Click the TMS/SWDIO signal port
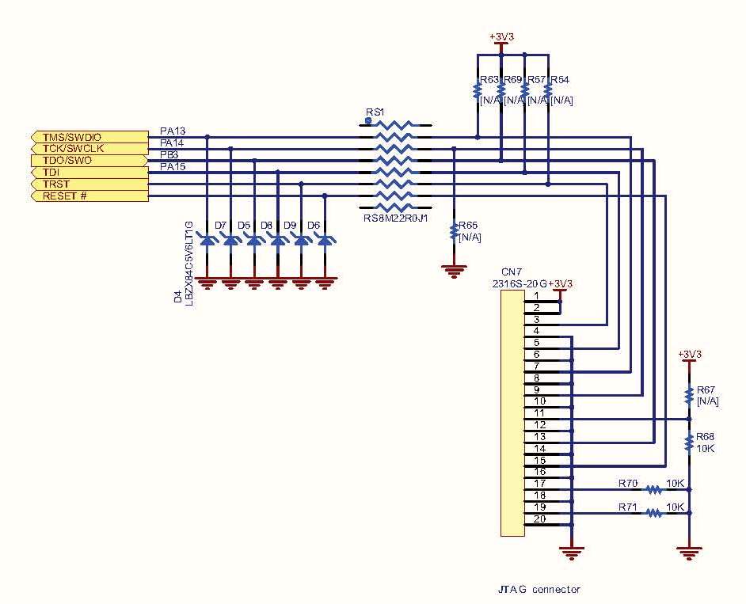tap(89, 137)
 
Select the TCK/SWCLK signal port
tap(89, 148)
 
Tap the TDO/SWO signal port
tap(89, 160)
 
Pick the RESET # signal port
tap(89, 196)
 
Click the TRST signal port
tap(89, 184)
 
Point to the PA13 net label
tap(173, 131)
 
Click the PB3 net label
tap(169, 154)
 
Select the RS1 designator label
tap(375, 112)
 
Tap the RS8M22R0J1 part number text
tap(396, 218)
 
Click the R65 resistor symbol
tap(454, 231)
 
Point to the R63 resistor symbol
tap(478, 90)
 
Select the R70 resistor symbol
tap(653, 489)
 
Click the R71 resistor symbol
tap(653, 513)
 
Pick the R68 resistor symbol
tap(688, 443)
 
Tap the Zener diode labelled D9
tap(301, 241)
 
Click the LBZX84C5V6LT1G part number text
tap(189, 263)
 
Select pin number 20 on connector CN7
tap(539, 519)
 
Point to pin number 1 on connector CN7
tap(536, 296)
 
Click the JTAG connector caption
tap(539, 589)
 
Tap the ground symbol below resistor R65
tap(454, 271)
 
